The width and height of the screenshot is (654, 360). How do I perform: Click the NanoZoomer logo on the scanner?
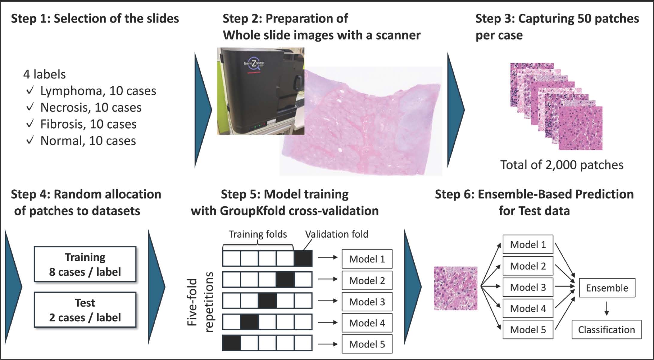[x=254, y=64]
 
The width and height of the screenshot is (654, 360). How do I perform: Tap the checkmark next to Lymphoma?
[x=30, y=91]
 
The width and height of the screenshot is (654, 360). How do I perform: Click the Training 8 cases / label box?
[x=85, y=264]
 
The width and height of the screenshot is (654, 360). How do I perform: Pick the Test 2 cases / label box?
[x=85, y=310]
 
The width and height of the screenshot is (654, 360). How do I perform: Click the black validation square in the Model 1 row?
[x=303, y=258]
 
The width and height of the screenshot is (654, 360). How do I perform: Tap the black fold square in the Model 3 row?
[x=267, y=301]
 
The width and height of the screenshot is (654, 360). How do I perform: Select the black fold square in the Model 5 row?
[x=231, y=343]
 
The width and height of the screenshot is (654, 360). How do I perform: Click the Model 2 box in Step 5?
[x=367, y=281]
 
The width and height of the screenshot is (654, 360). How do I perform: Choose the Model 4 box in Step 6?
[x=528, y=308]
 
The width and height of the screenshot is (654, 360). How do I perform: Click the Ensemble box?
[x=607, y=288]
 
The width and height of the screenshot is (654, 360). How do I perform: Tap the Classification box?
[x=606, y=330]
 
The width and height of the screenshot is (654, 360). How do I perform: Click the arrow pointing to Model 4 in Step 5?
[x=328, y=323]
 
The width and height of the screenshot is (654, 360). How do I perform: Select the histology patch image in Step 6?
[x=455, y=288]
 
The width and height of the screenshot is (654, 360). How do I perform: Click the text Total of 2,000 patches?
[x=562, y=165]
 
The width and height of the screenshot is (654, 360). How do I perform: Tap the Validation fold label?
[x=337, y=234]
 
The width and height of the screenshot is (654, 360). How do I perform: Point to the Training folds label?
[x=258, y=234]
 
